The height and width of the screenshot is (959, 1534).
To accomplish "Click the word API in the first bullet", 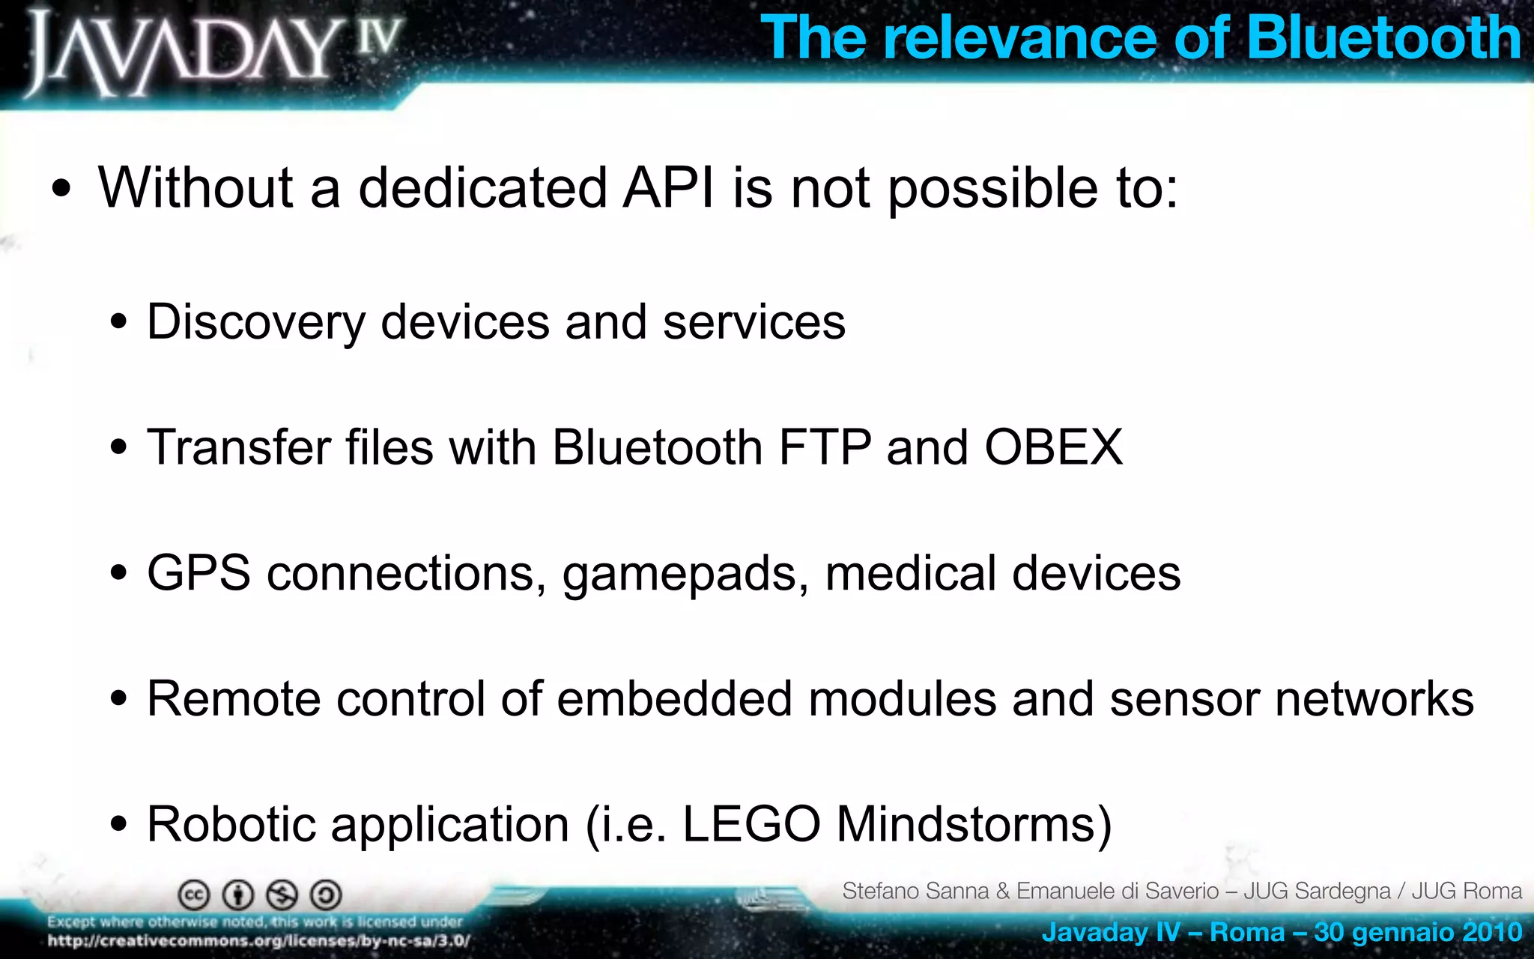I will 669,187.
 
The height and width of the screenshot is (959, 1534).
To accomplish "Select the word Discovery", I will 255,322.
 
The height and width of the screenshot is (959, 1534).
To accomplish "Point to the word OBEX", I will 1053,447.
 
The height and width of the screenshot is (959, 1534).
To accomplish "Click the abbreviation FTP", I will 825,447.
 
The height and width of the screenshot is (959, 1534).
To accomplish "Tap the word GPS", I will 198,573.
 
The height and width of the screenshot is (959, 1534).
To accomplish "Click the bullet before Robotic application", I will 118,824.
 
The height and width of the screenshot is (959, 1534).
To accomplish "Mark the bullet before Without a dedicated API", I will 62,189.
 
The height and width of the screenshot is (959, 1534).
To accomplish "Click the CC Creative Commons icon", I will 194,895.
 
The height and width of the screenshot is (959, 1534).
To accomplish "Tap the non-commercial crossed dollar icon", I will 282,895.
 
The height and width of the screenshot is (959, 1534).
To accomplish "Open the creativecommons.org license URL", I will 259,941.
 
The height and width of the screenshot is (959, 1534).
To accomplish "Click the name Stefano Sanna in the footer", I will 915,891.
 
